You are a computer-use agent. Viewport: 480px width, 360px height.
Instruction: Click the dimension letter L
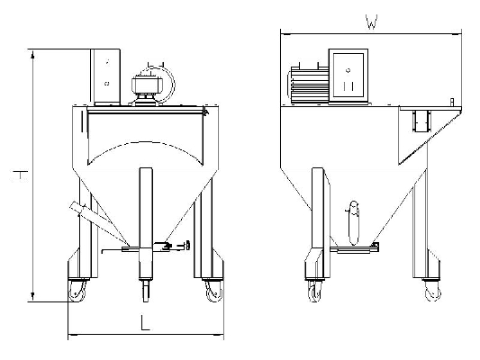[x=145, y=322]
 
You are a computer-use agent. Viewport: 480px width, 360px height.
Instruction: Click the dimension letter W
[x=371, y=22]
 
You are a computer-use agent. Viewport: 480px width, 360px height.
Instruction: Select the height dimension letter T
[x=20, y=175]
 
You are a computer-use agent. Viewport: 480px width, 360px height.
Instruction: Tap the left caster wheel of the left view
[x=77, y=291]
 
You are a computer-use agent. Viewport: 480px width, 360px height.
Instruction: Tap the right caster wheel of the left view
[x=213, y=292]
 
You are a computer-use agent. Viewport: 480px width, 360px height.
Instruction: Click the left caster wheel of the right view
[x=314, y=292]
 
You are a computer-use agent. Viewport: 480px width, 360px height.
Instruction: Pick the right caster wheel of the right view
[x=433, y=292]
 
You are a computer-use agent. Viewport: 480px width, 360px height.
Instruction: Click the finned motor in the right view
[x=308, y=83]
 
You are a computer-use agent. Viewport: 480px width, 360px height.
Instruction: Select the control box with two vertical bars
[x=349, y=76]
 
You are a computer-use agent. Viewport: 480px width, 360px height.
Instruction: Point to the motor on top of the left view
[x=147, y=86]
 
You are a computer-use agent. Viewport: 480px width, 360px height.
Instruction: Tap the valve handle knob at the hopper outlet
[x=187, y=245]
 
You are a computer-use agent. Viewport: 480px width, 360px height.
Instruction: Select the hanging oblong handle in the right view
[x=354, y=222]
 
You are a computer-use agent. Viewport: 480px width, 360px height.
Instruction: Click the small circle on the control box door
[x=348, y=70]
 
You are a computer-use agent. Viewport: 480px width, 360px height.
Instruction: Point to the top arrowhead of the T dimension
[x=32, y=54]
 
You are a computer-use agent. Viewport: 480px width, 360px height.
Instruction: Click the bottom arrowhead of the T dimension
[x=32, y=297]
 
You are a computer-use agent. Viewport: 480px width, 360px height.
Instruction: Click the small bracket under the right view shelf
[x=421, y=121]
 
